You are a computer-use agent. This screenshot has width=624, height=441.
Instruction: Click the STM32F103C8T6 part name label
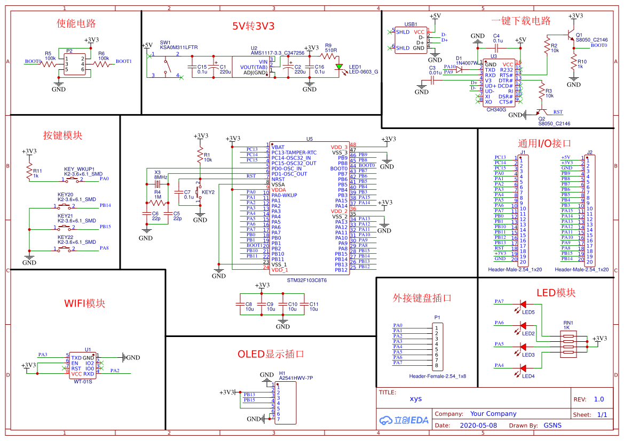point(307,280)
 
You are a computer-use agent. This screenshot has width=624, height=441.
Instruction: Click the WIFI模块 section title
point(85,303)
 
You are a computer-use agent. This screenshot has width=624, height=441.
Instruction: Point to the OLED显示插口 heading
point(271,354)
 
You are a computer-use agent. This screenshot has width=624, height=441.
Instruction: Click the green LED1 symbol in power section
point(339,67)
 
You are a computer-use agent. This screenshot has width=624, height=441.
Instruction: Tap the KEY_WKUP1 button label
point(80,169)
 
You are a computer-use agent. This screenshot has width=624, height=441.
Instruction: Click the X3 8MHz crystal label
point(160,174)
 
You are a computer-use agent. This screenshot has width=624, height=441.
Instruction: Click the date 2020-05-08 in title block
point(478,426)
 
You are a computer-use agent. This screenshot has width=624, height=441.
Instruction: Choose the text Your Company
point(493,414)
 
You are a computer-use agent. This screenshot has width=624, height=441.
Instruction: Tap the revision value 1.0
point(598,399)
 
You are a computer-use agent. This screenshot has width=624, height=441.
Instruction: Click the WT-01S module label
point(83,381)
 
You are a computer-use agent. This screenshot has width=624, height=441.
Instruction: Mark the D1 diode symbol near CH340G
point(460,68)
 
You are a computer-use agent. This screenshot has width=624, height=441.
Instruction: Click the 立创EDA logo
point(404,420)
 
